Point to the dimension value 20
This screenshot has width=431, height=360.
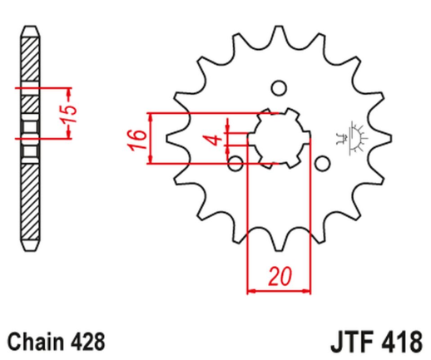[279, 276]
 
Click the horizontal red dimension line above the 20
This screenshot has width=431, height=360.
[279, 291]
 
